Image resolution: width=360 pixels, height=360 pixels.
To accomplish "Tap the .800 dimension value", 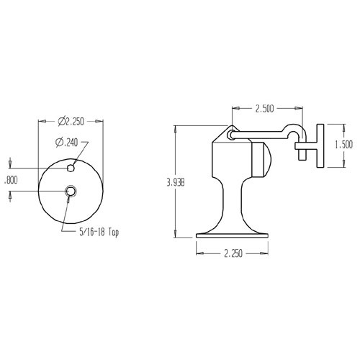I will click(11, 181).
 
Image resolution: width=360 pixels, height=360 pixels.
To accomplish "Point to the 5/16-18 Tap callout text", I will click(99, 233).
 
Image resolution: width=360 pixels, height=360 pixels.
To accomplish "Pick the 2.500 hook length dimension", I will click(269, 109).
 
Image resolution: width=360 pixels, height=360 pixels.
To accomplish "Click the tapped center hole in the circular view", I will click(71, 191).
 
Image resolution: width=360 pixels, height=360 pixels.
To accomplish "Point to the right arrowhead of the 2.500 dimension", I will click(305, 109).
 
